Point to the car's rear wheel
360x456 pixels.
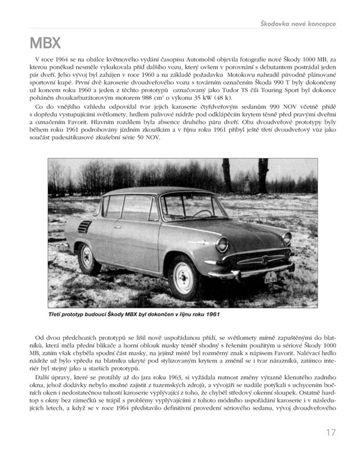pos(88,258)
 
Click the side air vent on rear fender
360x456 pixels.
pos(84,227)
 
